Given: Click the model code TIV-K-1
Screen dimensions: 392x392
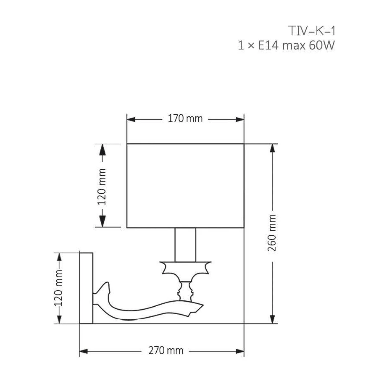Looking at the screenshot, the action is click(311, 31).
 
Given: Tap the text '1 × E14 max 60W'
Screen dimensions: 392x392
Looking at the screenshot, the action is click(286, 45).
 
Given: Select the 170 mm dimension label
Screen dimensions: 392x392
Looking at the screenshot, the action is click(185, 118).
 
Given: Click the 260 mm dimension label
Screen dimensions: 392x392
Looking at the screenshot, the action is click(272, 233).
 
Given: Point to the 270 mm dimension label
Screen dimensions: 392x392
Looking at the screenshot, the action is click(166, 350).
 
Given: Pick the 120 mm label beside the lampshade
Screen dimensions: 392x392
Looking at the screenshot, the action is click(102, 187).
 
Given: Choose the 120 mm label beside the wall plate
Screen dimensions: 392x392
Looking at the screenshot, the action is click(58, 288).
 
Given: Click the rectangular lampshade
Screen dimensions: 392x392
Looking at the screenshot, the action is click(185, 186).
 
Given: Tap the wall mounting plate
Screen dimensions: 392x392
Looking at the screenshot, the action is click(86, 288).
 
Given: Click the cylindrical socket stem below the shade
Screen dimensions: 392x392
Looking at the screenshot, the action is click(185, 245).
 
